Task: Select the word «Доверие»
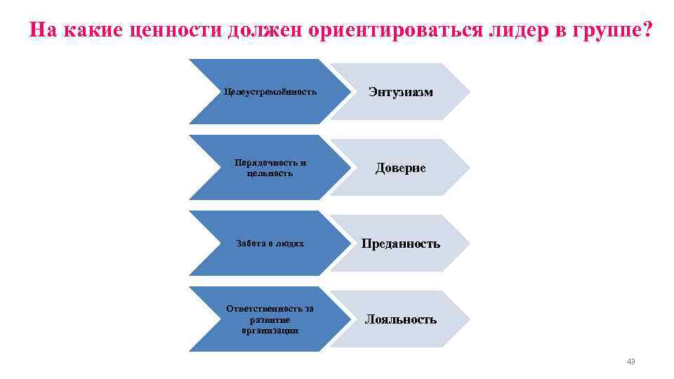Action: coord(400,168)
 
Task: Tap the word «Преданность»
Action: coord(401,244)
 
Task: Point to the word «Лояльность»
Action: coord(401,319)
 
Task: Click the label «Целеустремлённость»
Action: coord(270,92)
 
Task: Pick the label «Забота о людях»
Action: coord(270,244)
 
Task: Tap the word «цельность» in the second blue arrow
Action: coord(270,173)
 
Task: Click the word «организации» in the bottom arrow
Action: coord(270,329)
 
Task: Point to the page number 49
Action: coord(630,361)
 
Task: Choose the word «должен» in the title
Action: coord(260,31)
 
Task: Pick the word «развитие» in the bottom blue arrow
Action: coord(270,319)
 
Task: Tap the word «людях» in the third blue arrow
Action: coord(291,244)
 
